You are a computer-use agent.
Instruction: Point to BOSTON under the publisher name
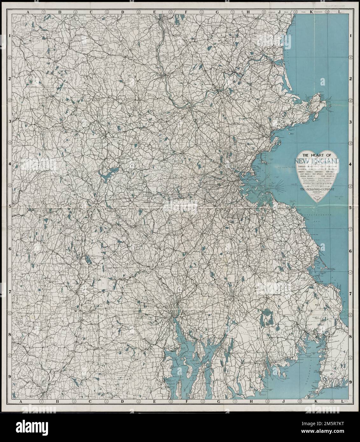(318, 193)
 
